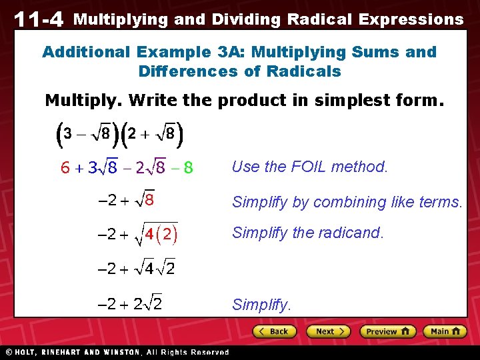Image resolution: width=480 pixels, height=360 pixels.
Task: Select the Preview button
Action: [x=387, y=331]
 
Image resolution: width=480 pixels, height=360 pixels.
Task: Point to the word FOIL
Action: [x=313, y=167]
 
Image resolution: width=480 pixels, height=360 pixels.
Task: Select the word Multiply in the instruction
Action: [x=83, y=101]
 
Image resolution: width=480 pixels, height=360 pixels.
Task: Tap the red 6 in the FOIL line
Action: [x=65, y=168]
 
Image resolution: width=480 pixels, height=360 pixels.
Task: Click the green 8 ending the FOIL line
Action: [x=189, y=168]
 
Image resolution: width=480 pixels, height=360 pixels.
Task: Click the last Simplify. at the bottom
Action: [x=261, y=305]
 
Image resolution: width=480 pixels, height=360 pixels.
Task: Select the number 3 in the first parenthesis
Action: [x=63, y=134]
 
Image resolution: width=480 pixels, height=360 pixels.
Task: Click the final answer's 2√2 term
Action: [x=147, y=305]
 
